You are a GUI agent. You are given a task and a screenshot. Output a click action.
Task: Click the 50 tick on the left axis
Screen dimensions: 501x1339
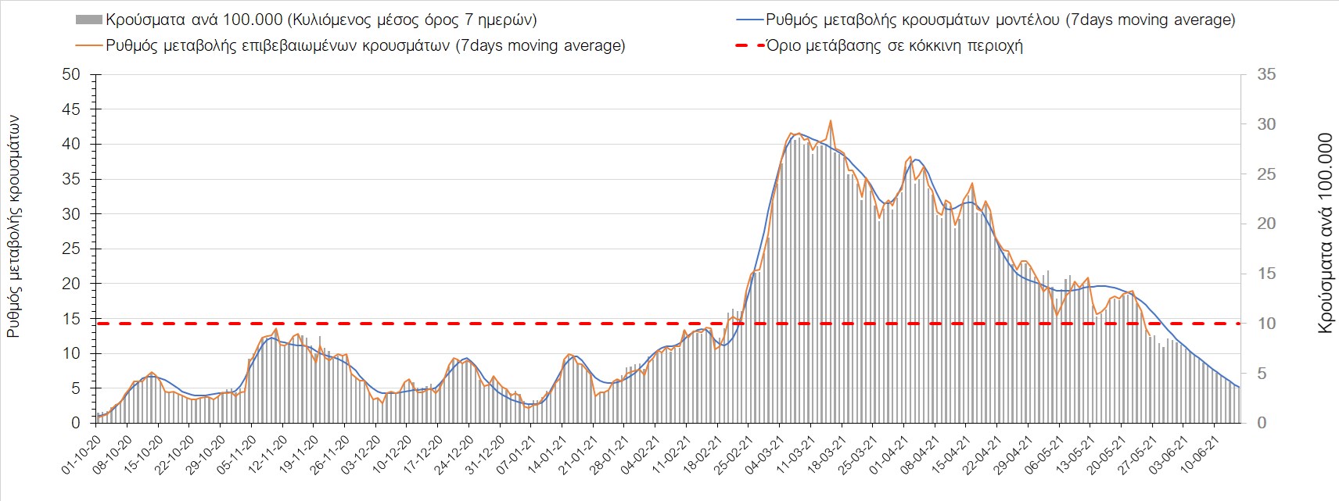[x=71, y=75]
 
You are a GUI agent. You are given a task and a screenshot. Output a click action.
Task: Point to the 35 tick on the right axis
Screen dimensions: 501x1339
[x=1266, y=75]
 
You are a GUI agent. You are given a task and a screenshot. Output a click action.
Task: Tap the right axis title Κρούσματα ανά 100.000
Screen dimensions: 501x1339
[x=1324, y=233]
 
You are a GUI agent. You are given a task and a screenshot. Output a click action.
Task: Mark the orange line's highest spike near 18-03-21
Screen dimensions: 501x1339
[x=830, y=121]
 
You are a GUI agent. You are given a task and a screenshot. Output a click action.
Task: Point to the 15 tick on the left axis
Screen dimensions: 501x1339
[x=71, y=319]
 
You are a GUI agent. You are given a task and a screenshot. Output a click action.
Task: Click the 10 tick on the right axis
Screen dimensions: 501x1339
[x=1266, y=324]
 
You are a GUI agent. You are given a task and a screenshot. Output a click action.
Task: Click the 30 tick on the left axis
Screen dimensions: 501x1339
[x=71, y=214]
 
